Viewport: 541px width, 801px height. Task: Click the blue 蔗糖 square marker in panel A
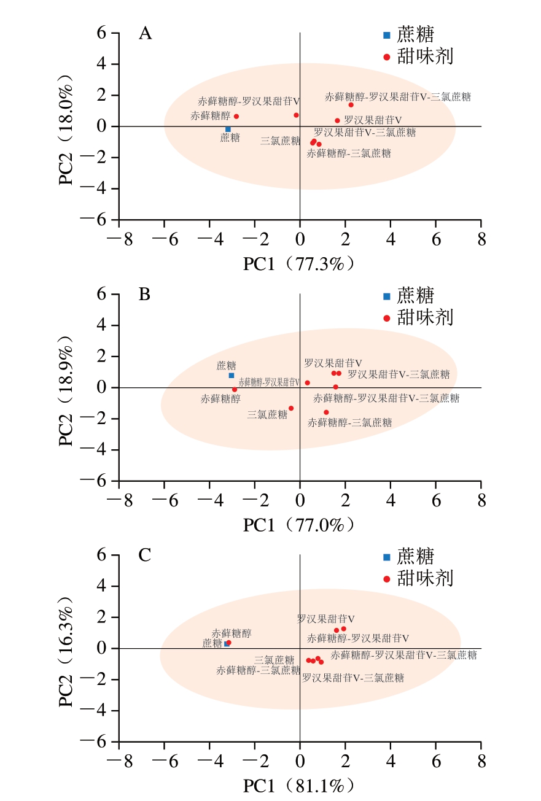click(x=228, y=129)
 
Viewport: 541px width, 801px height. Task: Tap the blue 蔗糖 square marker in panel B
click(x=232, y=375)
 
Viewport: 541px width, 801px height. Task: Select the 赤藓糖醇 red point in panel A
click(x=236, y=116)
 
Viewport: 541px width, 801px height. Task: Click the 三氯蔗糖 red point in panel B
click(x=291, y=408)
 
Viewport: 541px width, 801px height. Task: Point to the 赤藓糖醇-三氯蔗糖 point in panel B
click(x=326, y=412)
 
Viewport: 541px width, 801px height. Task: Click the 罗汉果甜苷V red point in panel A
click(x=337, y=120)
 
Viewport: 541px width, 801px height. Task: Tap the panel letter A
click(x=145, y=33)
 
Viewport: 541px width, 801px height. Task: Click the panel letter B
click(x=145, y=295)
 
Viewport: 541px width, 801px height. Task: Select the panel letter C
click(x=145, y=555)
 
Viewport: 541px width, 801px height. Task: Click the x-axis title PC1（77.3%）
click(x=300, y=264)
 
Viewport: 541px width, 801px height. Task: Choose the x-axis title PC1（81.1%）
click(x=300, y=786)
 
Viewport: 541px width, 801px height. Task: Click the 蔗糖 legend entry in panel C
click(x=415, y=557)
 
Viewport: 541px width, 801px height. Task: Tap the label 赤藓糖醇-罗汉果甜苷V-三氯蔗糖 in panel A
click(x=398, y=96)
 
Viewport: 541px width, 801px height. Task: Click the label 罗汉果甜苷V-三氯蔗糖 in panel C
click(x=353, y=678)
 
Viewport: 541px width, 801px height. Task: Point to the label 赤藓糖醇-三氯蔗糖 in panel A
click(x=349, y=153)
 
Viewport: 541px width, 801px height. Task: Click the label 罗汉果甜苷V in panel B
click(x=333, y=363)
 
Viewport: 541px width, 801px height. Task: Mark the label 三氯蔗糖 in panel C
click(x=274, y=660)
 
